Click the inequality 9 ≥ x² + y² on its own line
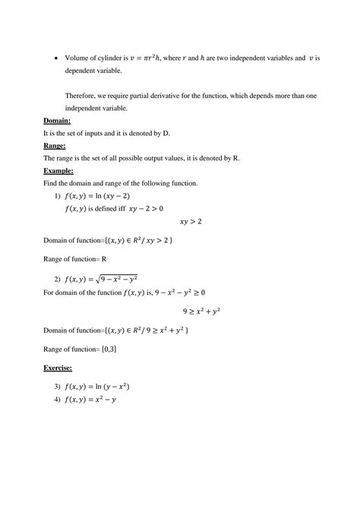click(207, 311)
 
